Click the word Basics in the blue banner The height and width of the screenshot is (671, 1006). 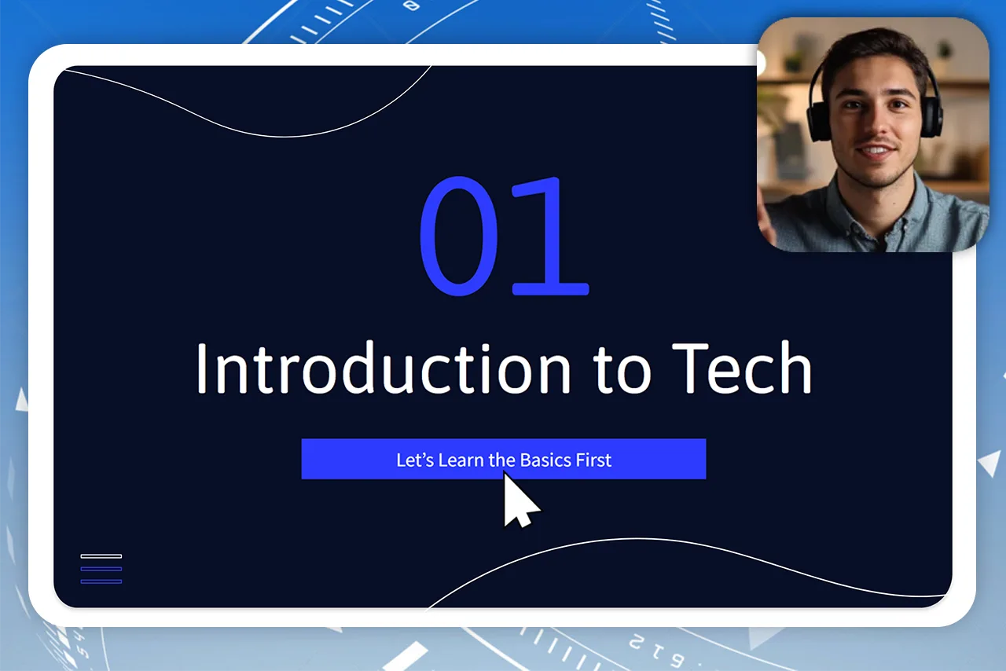tap(545, 460)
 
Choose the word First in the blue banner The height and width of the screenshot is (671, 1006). tap(593, 460)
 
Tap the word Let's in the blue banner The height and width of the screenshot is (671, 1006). tap(415, 460)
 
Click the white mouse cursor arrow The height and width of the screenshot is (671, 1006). tap(518, 500)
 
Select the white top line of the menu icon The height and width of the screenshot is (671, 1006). tap(101, 556)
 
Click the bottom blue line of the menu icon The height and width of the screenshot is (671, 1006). tap(101, 581)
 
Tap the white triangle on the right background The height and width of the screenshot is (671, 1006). tap(989, 463)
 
